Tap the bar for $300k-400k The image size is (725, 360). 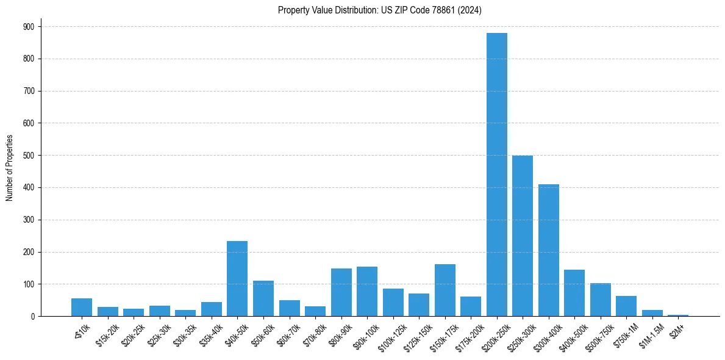tap(548, 250)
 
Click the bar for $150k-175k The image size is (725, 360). tap(445, 290)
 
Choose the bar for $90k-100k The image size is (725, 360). tap(367, 292)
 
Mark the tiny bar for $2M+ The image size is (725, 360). tap(678, 315)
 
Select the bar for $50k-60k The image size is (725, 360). tap(263, 298)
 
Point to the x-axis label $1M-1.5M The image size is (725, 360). tap(648, 334)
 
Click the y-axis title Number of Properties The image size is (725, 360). tap(9, 168)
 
